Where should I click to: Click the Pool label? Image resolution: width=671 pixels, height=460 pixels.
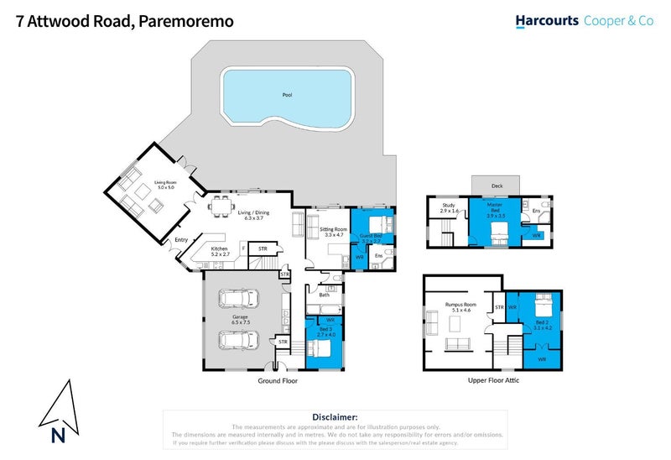[x=287, y=94]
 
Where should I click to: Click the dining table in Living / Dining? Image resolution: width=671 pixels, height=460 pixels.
[x=221, y=204]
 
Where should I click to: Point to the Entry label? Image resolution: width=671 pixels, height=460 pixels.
[x=180, y=241]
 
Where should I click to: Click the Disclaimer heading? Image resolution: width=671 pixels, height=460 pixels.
[x=335, y=416]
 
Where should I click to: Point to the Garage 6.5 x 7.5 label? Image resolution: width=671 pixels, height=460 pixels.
[x=240, y=320]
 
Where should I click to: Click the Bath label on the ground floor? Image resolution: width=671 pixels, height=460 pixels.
[x=324, y=295]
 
